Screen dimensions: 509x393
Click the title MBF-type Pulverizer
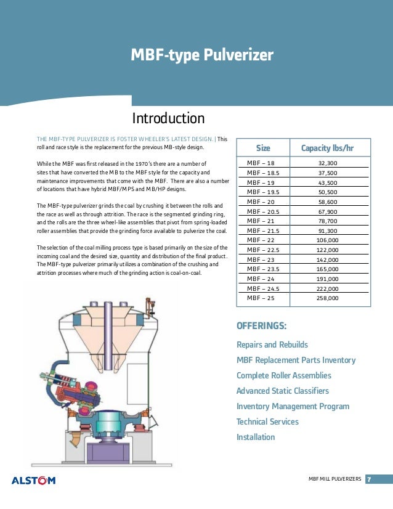[201, 56]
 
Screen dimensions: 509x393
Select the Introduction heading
[168, 118]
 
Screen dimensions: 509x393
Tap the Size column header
[263, 149]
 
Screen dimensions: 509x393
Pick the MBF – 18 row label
[261, 163]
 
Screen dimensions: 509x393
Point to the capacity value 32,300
[327, 163]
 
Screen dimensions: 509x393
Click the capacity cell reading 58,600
[327, 202]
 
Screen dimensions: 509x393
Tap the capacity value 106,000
[327, 240]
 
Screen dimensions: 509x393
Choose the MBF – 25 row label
[261, 298]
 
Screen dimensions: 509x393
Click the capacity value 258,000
[327, 298]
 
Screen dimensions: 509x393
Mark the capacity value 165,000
[327, 269]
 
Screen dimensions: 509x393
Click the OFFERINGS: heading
[262, 326]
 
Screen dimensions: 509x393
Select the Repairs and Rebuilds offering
[272, 344]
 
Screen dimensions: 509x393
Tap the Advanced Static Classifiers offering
[283, 391]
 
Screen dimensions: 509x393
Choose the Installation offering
[256, 438]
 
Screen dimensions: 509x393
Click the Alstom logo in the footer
[34, 480]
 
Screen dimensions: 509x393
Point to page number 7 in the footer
[369, 479]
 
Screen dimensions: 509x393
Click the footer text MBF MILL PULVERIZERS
[334, 479]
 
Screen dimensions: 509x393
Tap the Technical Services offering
[267, 422]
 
